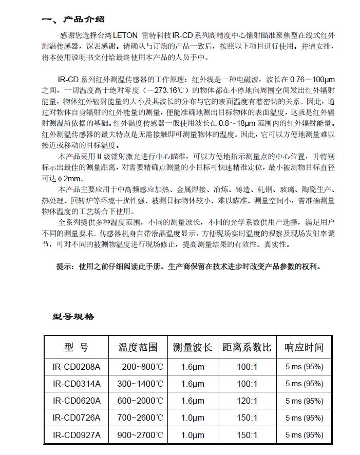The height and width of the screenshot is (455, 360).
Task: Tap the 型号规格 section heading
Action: click(73, 316)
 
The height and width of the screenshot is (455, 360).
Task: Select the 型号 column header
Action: click(77, 347)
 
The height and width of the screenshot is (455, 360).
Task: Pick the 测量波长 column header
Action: click(193, 347)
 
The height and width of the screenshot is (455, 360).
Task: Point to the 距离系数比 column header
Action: click(247, 347)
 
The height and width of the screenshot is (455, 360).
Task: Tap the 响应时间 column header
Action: click(304, 347)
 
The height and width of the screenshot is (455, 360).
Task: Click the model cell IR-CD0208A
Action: click(77, 367)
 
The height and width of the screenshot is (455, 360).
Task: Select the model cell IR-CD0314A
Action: click(77, 384)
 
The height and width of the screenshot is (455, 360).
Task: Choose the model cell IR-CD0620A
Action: click(77, 401)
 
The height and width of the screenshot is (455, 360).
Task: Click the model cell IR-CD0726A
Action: click(77, 418)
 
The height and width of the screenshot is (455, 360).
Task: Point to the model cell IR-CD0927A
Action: click(77, 435)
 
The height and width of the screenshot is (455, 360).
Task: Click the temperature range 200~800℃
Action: click(142, 367)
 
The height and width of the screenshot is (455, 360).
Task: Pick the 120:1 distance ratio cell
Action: click(248, 401)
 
